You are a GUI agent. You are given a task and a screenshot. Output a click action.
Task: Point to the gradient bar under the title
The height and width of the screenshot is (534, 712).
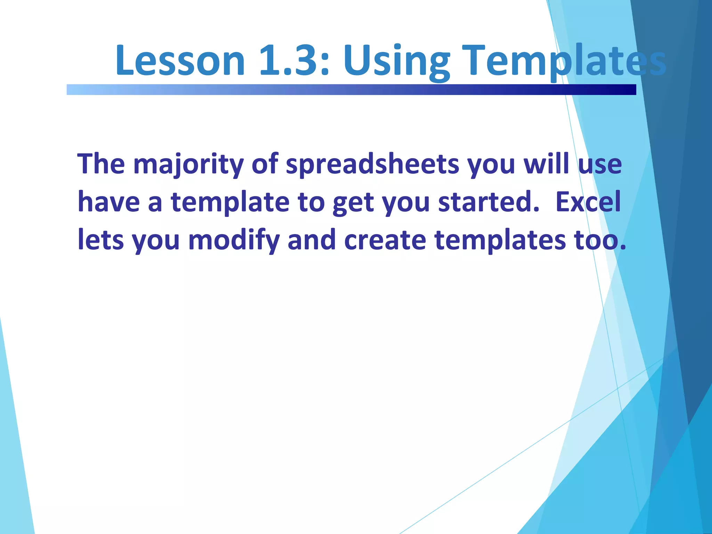click(351, 90)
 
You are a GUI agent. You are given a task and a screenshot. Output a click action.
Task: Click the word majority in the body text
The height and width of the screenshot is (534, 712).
click(188, 164)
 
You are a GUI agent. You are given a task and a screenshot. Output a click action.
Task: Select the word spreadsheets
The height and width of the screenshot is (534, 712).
click(372, 164)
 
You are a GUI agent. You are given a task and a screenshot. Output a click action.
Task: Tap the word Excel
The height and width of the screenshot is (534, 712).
click(588, 202)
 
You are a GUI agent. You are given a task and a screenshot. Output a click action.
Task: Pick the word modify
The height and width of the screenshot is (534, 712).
click(234, 240)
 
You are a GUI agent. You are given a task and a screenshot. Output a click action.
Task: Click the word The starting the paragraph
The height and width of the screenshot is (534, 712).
click(101, 164)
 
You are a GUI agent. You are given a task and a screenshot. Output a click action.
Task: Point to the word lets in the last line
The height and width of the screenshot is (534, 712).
click(100, 240)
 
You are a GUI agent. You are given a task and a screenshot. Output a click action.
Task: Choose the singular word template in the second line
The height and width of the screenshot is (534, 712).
click(230, 202)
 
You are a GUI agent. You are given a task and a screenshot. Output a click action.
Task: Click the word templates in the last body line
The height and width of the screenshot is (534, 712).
click(500, 240)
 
